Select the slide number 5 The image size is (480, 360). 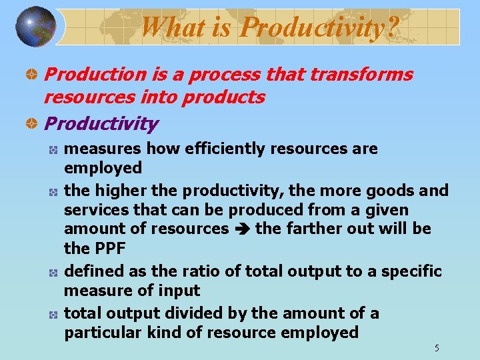(437, 348)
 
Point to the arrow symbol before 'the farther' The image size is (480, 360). (242, 229)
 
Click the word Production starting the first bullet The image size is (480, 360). (87, 74)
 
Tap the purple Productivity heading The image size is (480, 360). (101, 123)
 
